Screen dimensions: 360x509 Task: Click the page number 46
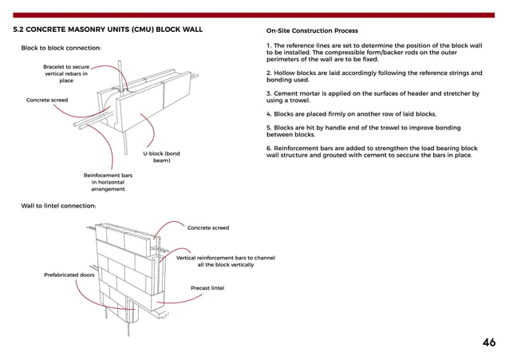click(x=488, y=342)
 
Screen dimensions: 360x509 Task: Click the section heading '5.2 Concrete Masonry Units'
click(x=108, y=30)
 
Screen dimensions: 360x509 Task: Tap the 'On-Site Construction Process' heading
click(x=312, y=30)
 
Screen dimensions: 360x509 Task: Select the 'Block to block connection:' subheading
click(x=60, y=49)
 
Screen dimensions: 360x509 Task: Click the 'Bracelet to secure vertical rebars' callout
click(x=66, y=73)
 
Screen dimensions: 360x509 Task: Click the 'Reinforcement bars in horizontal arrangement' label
click(x=108, y=182)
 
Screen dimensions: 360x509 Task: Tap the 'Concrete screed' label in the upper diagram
click(x=47, y=100)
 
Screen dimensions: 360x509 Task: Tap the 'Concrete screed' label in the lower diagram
click(x=207, y=227)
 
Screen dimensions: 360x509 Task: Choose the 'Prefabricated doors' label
click(x=69, y=275)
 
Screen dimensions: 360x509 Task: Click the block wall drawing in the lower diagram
click(x=128, y=267)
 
